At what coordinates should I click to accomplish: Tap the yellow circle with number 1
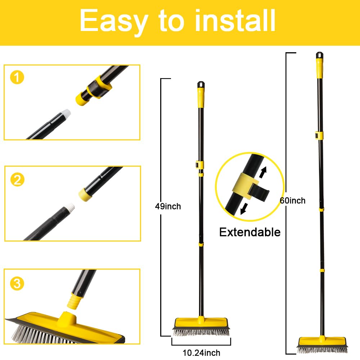click(17, 78)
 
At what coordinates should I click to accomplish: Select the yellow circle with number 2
click(17, 179)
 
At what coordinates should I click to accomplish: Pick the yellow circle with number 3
click(17, 284)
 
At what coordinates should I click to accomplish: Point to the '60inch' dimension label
click(293, 201)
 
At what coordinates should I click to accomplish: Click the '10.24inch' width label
click(201, 353)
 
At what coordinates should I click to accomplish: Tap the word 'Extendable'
click(250, 232)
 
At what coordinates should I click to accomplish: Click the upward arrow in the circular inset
click(264, 171)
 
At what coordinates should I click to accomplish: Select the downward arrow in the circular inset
click(244, 208)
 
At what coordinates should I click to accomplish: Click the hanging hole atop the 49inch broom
click(201, 85)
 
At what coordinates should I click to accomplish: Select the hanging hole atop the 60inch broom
click(319, 55)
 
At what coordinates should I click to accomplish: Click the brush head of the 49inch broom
click(201, 327)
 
